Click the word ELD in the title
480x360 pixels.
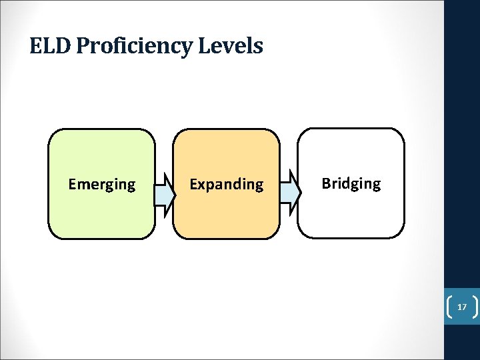(x=51, y=46)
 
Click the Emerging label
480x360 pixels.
(x=102, y=184)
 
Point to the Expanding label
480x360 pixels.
(x=227, y=184)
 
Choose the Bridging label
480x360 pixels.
(x=351, y=183)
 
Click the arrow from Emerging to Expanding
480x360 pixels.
(x=164, y=193)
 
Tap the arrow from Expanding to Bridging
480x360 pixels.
(x=289, y=193)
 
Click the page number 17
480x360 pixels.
(x=461, y=307)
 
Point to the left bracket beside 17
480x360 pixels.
(x=449, y=307)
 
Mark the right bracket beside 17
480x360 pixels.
(x=474, y=307)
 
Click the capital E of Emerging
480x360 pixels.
(x=72, y=184)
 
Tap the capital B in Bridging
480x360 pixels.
(x=326, y=183)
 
